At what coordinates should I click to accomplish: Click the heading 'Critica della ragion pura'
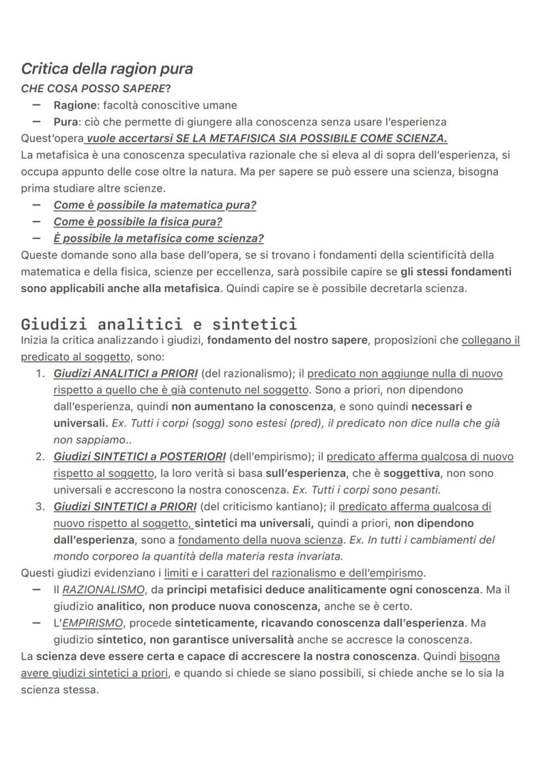coord(107,69)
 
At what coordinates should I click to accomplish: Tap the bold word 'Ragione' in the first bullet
coord(75,105)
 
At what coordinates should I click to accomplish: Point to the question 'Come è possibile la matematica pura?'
coord(155,205)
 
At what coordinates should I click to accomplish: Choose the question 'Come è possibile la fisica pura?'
coord(138,221)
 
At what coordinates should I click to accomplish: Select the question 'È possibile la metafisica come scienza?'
coord(159,238)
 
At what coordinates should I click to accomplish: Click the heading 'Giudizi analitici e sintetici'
coord(159,324)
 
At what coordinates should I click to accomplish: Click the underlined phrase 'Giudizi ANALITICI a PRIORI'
coord(125,374)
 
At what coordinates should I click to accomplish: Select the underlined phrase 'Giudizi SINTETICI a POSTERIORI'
coord(140,457)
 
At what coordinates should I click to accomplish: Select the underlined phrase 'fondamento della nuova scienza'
coord(261,540)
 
